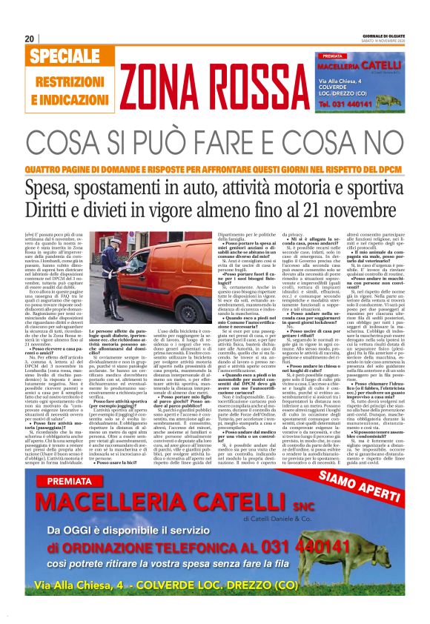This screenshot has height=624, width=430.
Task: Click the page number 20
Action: tap(30, 39)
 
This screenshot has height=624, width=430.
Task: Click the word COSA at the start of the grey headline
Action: tap(61, 139)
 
